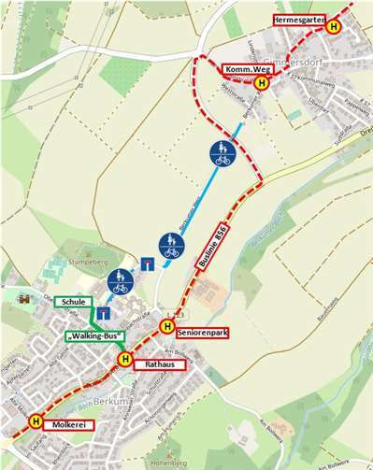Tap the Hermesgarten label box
(x=298, y=20)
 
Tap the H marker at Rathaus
(x=123, y=358)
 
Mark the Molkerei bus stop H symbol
(x=36, y=421)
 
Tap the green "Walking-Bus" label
(x=92, y=335)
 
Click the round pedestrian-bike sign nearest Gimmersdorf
(x=222, y=151)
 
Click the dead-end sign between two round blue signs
(x=148, y=263)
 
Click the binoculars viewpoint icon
(x=22, y=299)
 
